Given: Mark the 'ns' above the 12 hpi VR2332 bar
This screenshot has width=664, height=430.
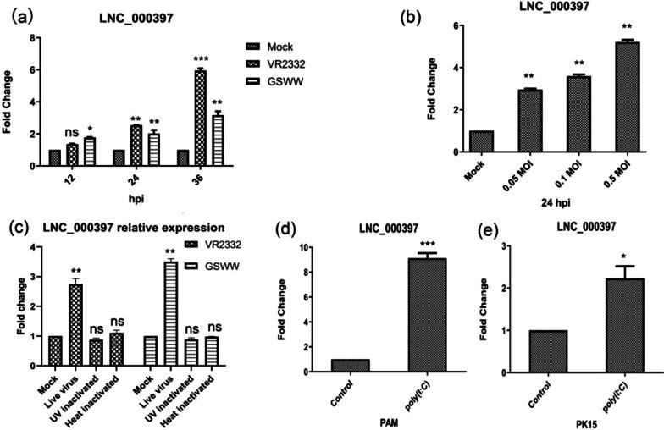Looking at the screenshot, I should tap(71, 133).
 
